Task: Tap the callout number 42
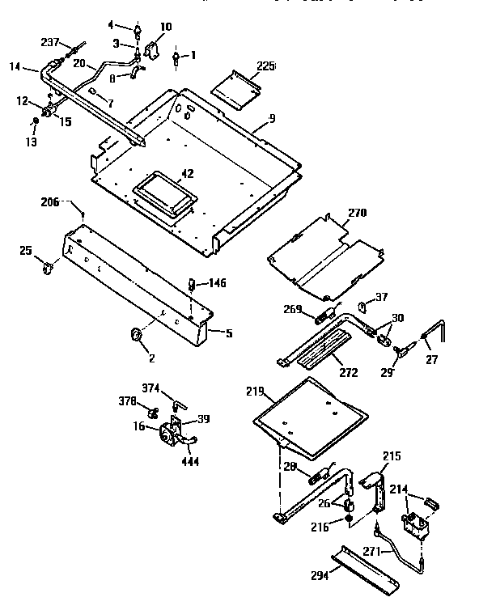[188, 172]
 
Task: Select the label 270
[357, 214]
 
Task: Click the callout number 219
[255, 392]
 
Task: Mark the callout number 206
[50, 202]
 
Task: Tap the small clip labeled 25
[49, 265]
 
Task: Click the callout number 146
[216, 283]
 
